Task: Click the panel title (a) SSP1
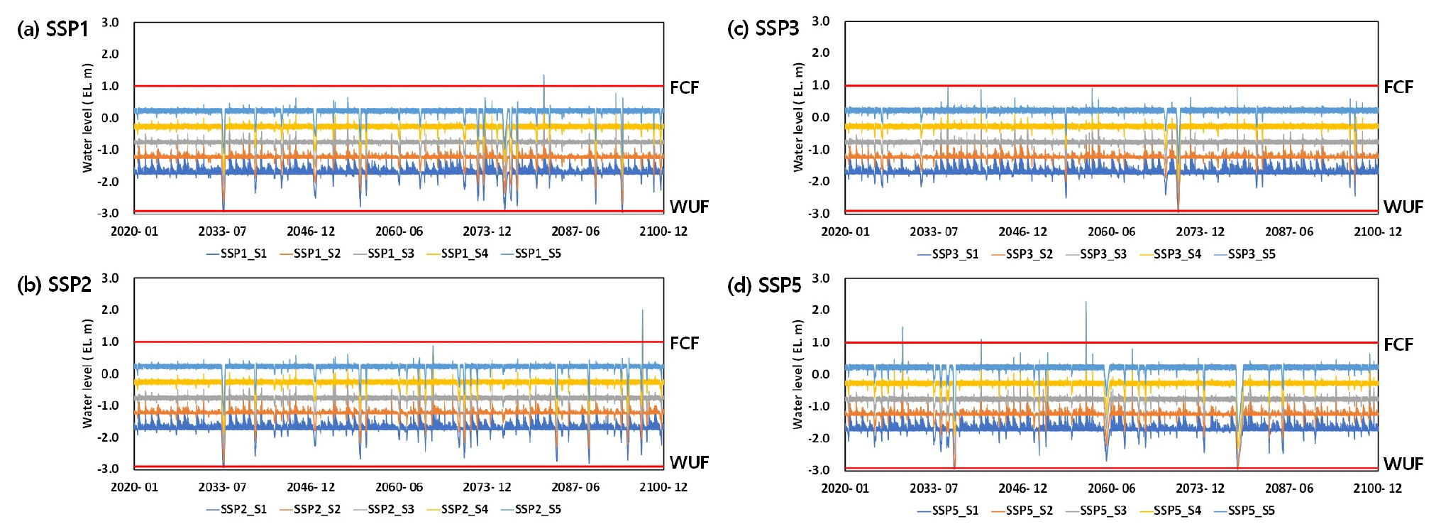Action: [53, 29]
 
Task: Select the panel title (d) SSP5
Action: [764, 285]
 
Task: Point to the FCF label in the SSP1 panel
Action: [684, 87]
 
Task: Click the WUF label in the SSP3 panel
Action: [1403, 207]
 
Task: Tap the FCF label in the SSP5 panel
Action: [1398, 344]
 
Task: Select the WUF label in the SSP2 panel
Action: [689, 462]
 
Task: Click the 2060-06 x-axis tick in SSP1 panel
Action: [399, 231]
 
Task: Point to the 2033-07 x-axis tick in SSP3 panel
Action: [934, 231]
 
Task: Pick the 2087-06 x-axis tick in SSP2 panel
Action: [575, 487]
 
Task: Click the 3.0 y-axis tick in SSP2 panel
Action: [110, 278]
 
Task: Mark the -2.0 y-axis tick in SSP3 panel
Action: [819, 181]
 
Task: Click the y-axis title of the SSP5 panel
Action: [798, 374]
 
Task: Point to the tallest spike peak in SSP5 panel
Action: [1086, 302]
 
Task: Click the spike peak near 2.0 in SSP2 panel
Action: [643, 310]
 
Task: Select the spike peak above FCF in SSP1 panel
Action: [544, 75]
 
